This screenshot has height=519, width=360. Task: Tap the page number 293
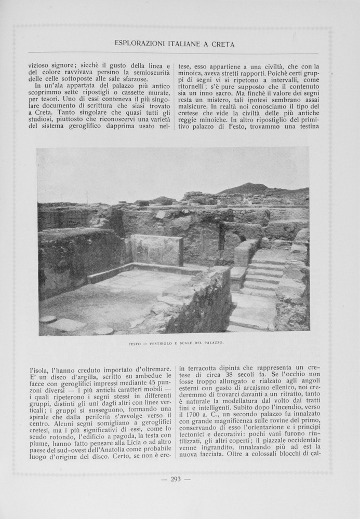[x=176, y=479]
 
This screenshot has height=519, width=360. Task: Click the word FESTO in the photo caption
[x=135, y=343]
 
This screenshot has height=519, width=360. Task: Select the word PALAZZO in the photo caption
[x=214, y=343]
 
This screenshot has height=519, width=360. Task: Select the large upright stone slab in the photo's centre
[x=156, y=250]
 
